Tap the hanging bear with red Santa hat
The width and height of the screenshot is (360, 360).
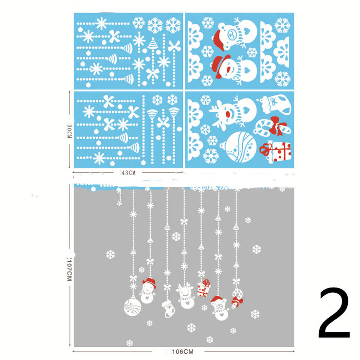click(x=220, y=307)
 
